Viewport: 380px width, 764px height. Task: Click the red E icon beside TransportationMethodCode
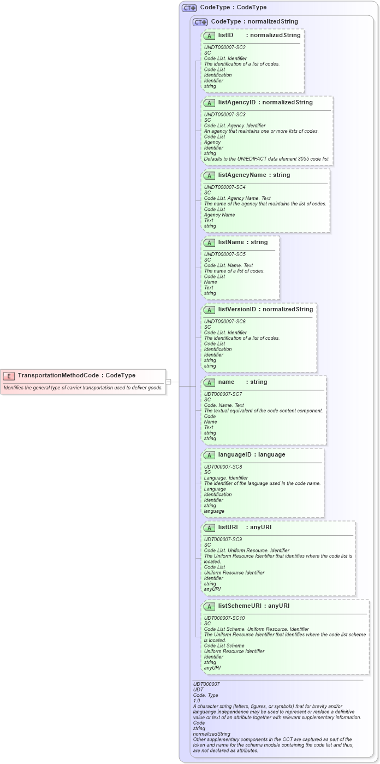point(9,375)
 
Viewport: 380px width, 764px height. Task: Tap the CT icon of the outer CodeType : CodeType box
point(189,8)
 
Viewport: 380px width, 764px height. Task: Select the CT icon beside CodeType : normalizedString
point(200,22)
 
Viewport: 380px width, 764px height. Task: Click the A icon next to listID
point(209,35)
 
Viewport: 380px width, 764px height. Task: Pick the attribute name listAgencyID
point(236,102)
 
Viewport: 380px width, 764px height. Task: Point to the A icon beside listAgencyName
point(209,175)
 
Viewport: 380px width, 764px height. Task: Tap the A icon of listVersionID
point(209,310)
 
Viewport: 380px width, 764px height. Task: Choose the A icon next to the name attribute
point(209,382)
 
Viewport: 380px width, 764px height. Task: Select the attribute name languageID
point(235,454)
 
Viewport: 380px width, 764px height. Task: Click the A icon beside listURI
point(209,528)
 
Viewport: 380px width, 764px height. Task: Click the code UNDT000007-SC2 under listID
point(224,48)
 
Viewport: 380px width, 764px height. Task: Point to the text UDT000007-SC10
point(224,618)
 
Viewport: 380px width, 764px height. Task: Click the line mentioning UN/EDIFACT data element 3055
point(266,159)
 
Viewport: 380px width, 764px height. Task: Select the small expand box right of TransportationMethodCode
point(169,381)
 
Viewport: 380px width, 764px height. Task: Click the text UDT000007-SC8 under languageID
point(223,467)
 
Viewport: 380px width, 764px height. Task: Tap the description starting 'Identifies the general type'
point(83,388)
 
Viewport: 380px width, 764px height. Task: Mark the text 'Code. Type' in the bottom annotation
point(206,695)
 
